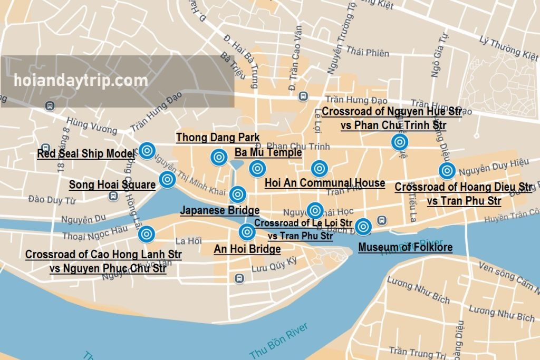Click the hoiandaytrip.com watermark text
click(x=81, y=81)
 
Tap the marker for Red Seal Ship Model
click(x=147, y=151)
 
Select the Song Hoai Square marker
click(x=167, y=180)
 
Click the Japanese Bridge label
click(x=219, y=210)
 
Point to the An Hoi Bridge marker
click(x=247, y=231)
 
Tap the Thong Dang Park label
click(x=217, y=138)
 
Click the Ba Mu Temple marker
click(x=257, y=169)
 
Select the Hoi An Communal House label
click(x=324, y=183)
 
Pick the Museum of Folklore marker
click(x=363, y=227)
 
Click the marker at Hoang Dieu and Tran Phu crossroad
click(x=447, y=171)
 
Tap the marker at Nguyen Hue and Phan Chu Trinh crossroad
click(x=399, y=142)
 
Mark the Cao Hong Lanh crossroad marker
click(x=147, y=233)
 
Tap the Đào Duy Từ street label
click(x=53, y=200)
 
